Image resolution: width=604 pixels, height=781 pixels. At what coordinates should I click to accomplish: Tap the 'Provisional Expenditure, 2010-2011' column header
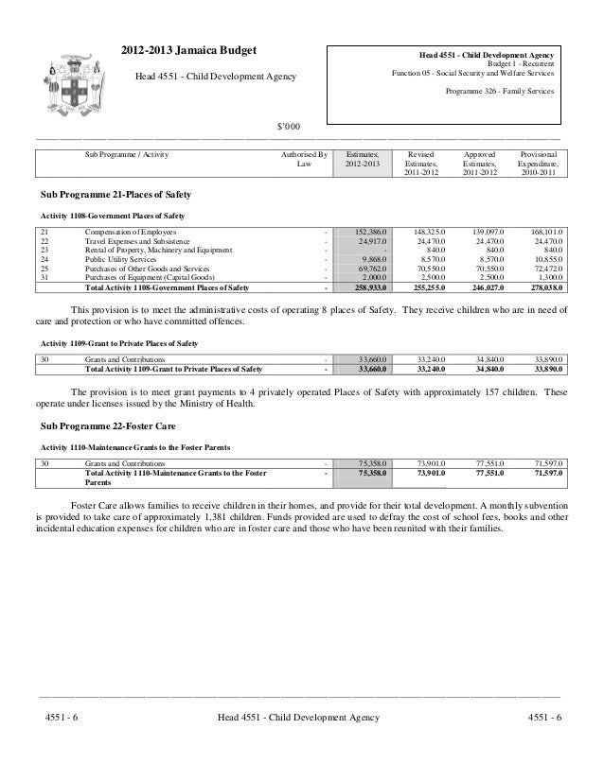(x=538, y=163)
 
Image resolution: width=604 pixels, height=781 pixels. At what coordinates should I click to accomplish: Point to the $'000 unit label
(x=288, y=127)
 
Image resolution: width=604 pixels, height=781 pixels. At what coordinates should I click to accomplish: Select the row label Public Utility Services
(x=122, y=258)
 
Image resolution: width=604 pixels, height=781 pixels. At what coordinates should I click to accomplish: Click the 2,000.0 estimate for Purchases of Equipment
(x=372, y=276)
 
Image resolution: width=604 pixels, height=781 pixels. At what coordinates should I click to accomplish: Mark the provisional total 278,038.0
(x=542, y=286)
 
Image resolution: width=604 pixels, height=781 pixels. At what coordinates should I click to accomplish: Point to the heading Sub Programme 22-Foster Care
(x=101, y=425)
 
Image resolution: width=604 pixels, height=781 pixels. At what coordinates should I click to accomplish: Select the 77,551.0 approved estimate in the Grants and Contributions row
(x=484, y=464)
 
